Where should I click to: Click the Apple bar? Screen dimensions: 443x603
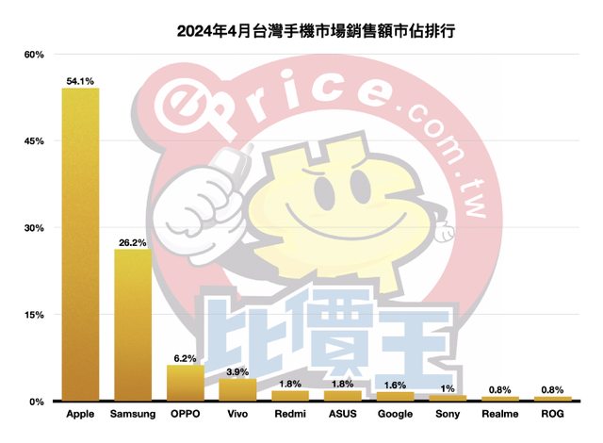coord(80,245)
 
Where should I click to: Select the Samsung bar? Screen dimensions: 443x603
coord(133,325)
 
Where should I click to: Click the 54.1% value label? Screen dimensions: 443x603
coord(80,82)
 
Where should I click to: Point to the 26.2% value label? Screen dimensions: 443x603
coord(133,243)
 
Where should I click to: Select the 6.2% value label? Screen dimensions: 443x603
coord(186,359)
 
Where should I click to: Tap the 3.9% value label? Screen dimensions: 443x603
coord(237,372)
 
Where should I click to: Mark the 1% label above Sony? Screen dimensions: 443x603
coord(448,389)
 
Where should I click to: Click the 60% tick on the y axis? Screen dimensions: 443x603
coord(34,55)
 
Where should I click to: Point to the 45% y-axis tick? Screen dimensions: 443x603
coord(34,141)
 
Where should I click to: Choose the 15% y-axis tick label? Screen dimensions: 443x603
coord(34,315)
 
